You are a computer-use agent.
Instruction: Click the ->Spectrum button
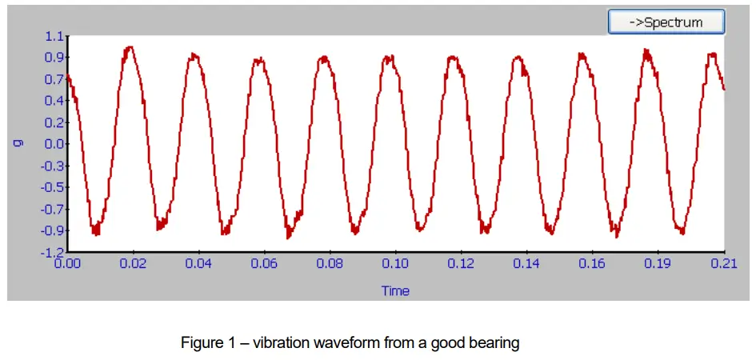click(x=666, y=22)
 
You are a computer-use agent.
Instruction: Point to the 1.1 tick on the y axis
click(x=54, y=36)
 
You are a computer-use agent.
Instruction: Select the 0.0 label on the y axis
click(x=54, y=144)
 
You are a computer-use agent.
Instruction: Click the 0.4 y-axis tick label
click(x=54, y=101)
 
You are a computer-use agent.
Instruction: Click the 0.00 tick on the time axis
click(x=69, y=263)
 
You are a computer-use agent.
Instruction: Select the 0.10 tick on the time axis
click(x=395, y=263)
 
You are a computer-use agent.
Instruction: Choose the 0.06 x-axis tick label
click(x=265, y=263)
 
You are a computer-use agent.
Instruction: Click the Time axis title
click(x=395, y=290)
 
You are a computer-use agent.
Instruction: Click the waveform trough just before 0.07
click(x=289, y=236)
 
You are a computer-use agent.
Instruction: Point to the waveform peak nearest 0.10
click(x=389, y=57)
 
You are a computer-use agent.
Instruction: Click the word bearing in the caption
click(x=497, y=344)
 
